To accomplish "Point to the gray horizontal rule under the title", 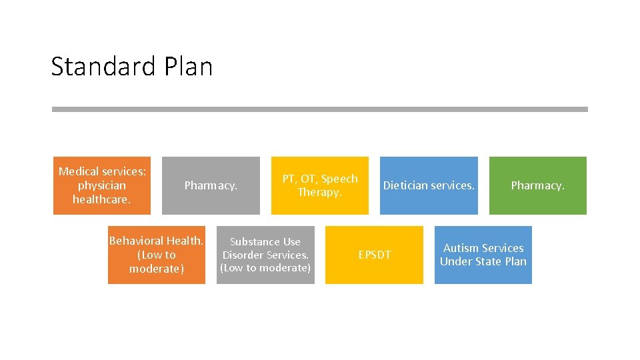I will (320, 109).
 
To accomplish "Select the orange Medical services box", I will (102, 185).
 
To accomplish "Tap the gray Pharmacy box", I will (211, 185).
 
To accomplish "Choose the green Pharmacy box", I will (537, 185).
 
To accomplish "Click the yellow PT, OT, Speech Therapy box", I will (319, 185).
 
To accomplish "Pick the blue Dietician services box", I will (429, 185).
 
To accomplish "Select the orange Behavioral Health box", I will (157, 255).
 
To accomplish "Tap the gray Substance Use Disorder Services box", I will (265, 255).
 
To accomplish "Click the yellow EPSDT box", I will (374, 255).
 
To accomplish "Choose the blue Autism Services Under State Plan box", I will (483, 255).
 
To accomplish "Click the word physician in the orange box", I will (102, 185).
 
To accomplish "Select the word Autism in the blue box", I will (461, 248).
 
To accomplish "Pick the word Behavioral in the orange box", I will (137, 241).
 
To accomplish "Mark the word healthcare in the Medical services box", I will (101, 199).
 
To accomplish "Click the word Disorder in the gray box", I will (243, 255).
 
